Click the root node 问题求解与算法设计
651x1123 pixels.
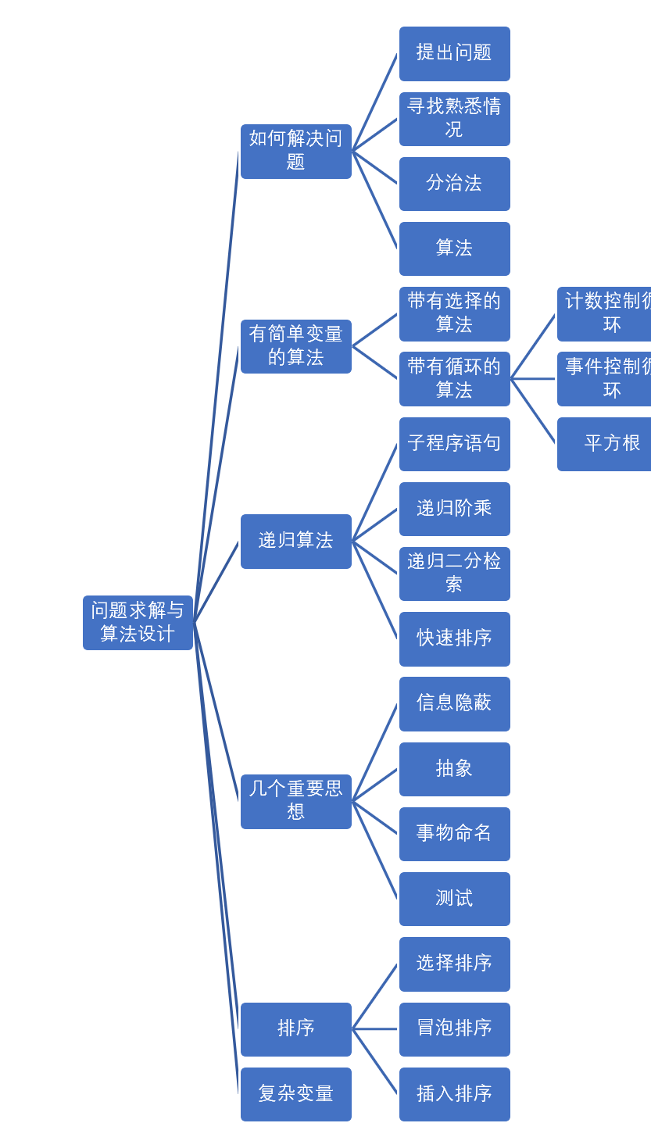click(x=138, y=623)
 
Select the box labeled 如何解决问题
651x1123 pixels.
click(x=296, y=152)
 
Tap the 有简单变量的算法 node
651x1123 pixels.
click(x=296, y=346)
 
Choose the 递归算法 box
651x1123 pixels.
click(x=296, y=541)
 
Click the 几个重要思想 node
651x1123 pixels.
click(x=296, y=801)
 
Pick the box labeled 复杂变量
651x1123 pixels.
click(x=296, y=1094)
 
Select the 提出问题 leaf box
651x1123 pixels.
click(x=455, y=54)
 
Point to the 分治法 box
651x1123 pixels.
click(x=455, y=184)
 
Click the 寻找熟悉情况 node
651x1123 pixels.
click(x=455, y=119)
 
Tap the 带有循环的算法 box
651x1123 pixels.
click(x=455, y=379)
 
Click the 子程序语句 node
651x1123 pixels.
click(x=455, y=444)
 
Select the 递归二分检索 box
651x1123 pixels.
click(x=455, y=574)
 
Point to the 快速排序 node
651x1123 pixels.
click(x=455, y=638)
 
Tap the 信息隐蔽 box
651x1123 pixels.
click(x=455, y=703)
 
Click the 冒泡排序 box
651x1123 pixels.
click(x=455, y=1029)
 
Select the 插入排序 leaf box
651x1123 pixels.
click(x=455, y=1094)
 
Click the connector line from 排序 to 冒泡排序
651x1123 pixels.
click(x=375, y=1029)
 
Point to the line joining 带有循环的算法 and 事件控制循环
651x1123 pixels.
click(x=533, y=379)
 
